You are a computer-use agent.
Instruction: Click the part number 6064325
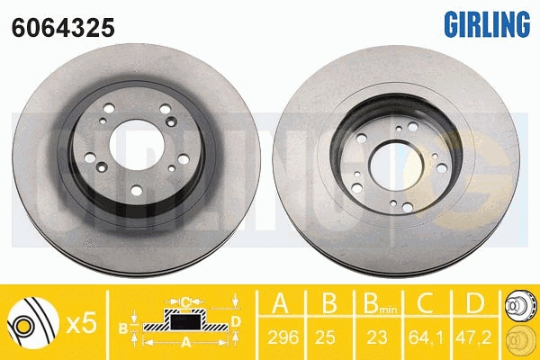(x=63, y=28)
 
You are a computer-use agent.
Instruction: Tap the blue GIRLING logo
(x=487, y=24)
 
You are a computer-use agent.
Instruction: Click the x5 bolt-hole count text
(x=81, y=323)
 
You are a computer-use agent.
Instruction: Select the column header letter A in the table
(x=280, y=302)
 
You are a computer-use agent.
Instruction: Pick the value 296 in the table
(x=283, y=337)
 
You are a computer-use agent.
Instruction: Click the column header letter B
(x=329, y=302)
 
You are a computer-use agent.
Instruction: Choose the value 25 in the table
(x=325, y=337)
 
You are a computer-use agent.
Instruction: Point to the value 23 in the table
(x=377, y=337)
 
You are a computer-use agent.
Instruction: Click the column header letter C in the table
(x=426, y=302)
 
